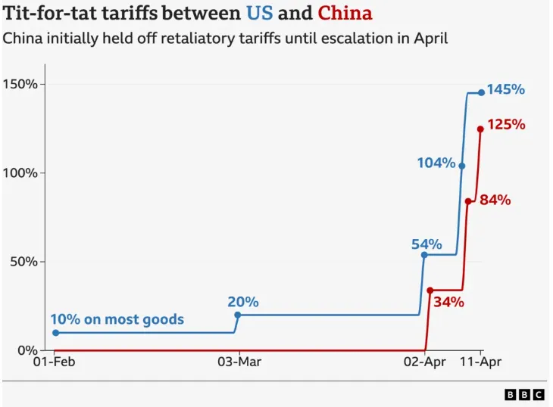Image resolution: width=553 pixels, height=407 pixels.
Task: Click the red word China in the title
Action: pyautogui.click(x=345, y=14)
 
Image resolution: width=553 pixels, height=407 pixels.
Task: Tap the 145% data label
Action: pyautogui.click(x=505, y=89)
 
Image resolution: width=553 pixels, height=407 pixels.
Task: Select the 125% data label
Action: pyautogui.click(x=506, y=124)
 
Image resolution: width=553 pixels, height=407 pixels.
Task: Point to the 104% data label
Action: pyautogui.click(x=436, y=163)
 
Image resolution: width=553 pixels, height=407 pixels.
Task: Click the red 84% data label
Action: pyautogui.click(x=495, y=200)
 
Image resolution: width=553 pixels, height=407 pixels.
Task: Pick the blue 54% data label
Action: pyautogui.click(x=426, y=244)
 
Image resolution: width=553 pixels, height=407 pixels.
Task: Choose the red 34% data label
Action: pyautogui.click(x=448, y=303)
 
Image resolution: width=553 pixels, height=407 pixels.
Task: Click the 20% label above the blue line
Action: pyautogui.click(x=243, y=302)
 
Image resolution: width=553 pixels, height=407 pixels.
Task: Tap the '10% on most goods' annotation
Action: pyautogui.click(x=117, y=319)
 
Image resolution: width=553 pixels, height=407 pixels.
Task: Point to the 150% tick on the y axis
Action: pyautogui.click(x=20, y=84)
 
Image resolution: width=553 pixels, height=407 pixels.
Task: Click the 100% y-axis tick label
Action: pyautogui.click(x=20, y=173)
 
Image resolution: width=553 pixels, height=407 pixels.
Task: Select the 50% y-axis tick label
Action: pyautogui.click(x=23, y=262)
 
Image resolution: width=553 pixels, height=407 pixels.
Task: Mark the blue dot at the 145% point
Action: pyautogui.click(x=481, y=92)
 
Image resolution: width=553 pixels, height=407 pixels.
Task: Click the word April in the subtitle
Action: pyautogui.click(x=427, y=38)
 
